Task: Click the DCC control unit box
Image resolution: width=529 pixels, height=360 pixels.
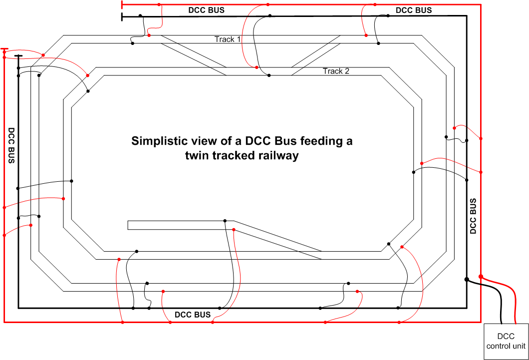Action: pos(506,342)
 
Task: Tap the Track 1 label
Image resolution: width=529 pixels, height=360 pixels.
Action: pos(228,39)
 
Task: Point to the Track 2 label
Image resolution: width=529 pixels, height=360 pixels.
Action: pos(336,71)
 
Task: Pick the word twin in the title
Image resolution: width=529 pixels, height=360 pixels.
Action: pos(196,156)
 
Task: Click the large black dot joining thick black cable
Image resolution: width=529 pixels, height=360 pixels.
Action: pos(467,280)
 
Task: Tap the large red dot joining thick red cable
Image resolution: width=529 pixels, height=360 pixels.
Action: pos(481,277)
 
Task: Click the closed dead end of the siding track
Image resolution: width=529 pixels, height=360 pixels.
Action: pos(128,225)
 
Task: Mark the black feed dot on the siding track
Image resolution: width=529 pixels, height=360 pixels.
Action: pos(225,221)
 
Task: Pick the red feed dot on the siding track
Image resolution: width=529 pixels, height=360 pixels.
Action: pos(234,230)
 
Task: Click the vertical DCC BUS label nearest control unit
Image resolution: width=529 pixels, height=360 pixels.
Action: pos(473,216)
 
